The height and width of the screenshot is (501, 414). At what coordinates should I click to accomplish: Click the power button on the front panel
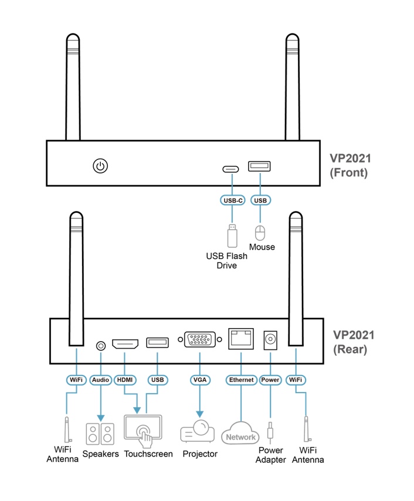[100, 166]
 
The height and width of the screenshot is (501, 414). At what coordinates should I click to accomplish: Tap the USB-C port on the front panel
[230, 169]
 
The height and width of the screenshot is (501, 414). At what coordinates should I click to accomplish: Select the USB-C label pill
[233, 200]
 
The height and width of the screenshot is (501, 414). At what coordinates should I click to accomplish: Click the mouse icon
[260, 233]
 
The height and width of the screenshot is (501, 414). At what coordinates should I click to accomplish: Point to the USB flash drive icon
[232, 236]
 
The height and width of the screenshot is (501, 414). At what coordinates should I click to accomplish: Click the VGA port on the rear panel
[200, 339]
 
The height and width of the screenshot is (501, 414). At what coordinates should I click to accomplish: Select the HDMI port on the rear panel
[125, 344]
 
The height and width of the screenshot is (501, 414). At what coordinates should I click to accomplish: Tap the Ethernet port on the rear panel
[241, 339]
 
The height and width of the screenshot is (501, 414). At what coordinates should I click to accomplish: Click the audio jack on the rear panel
[101, 346]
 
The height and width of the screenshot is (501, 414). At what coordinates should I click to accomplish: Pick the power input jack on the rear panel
[270, 340]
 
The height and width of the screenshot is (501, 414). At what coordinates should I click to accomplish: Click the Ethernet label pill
[242, 380]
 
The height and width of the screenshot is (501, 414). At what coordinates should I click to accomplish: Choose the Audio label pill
[100, 380]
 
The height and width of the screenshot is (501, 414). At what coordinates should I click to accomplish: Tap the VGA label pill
[200, 380]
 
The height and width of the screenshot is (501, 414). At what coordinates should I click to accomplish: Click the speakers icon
[100, 434]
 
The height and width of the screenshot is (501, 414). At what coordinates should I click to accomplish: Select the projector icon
[197, 431]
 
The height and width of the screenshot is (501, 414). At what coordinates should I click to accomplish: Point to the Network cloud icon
[240, 433]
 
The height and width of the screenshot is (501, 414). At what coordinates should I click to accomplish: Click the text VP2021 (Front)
[350, 165]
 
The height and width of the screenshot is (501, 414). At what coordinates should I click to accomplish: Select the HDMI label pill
[125, 380]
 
